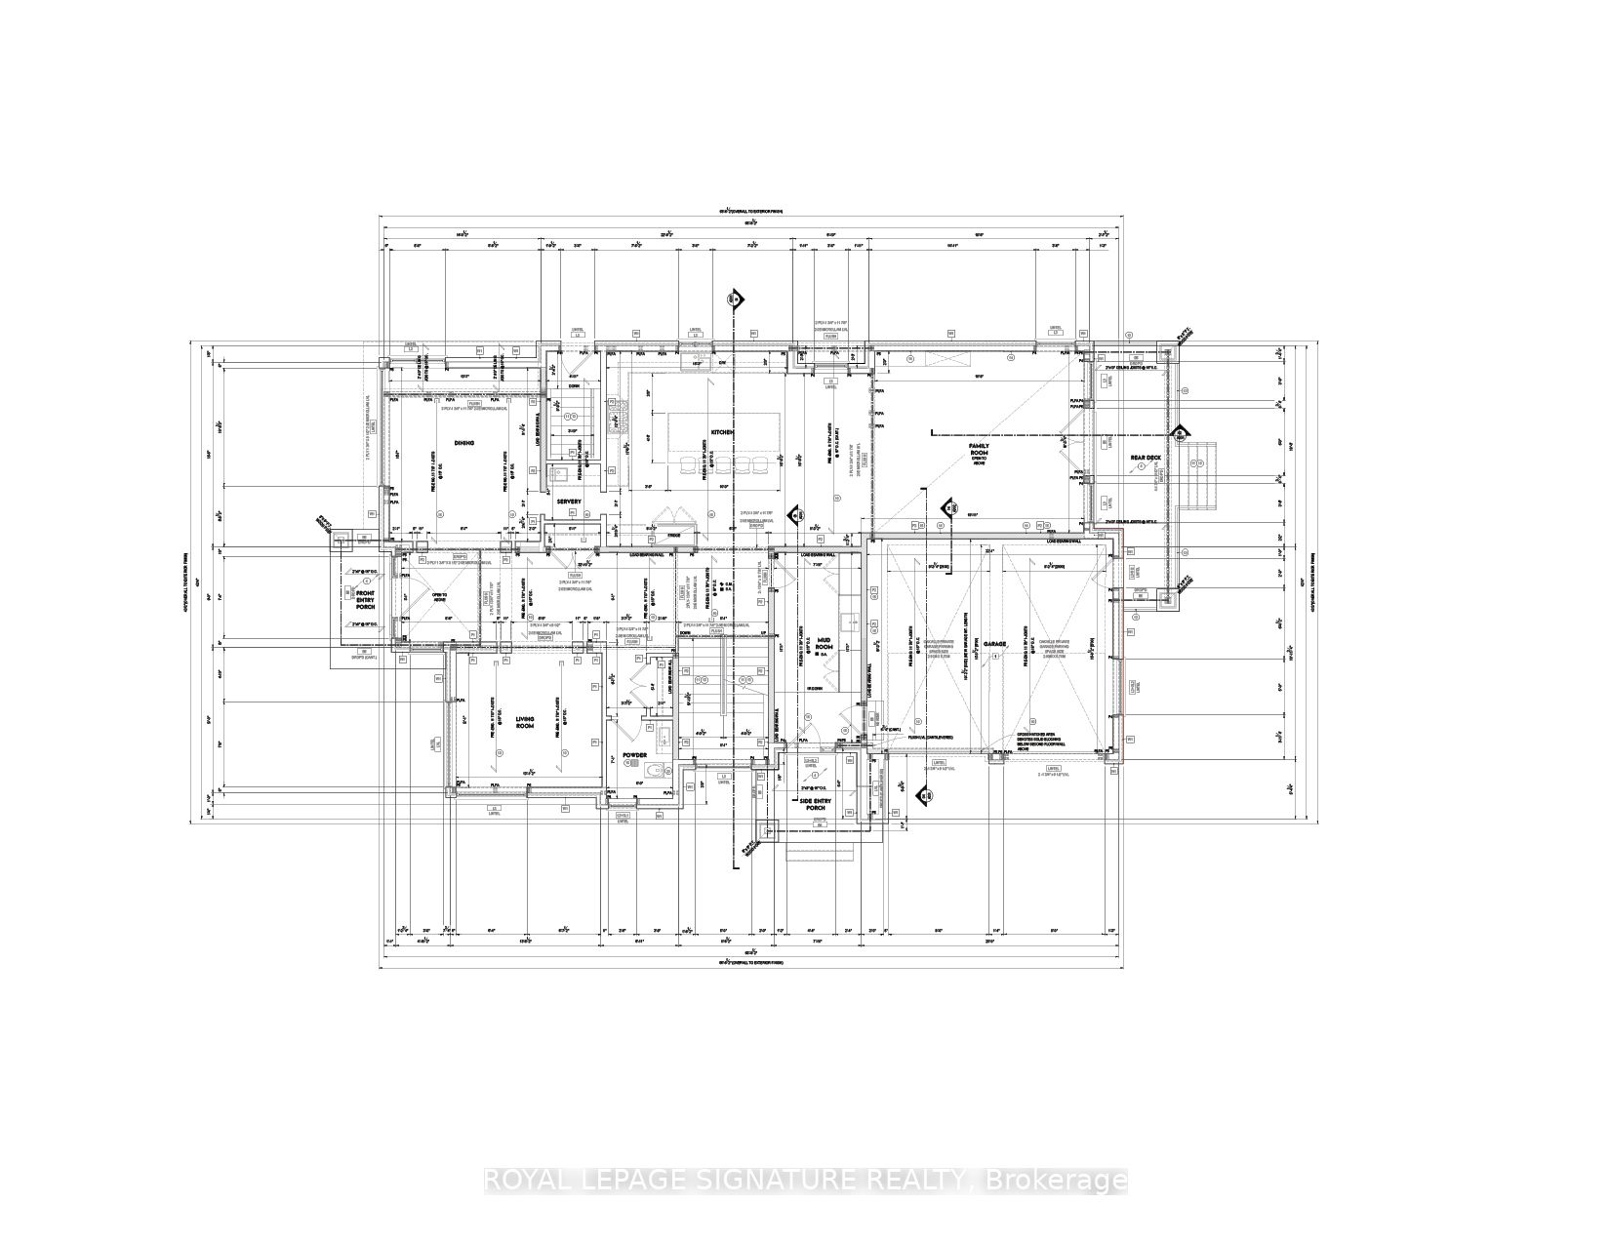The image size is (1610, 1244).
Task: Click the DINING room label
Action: point(463,443)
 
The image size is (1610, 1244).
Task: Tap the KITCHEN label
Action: point(722,431)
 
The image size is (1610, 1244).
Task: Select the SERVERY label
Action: point(570,502)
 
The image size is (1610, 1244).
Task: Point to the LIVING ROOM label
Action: point(526,723)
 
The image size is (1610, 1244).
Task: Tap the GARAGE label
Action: point(994,645)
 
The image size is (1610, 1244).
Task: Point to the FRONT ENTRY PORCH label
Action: point(365,598)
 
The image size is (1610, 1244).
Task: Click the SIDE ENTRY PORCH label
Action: point(814,805)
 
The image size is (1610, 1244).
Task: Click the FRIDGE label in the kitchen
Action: point(673,536)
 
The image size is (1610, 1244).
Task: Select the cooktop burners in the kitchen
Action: point(615,418)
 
